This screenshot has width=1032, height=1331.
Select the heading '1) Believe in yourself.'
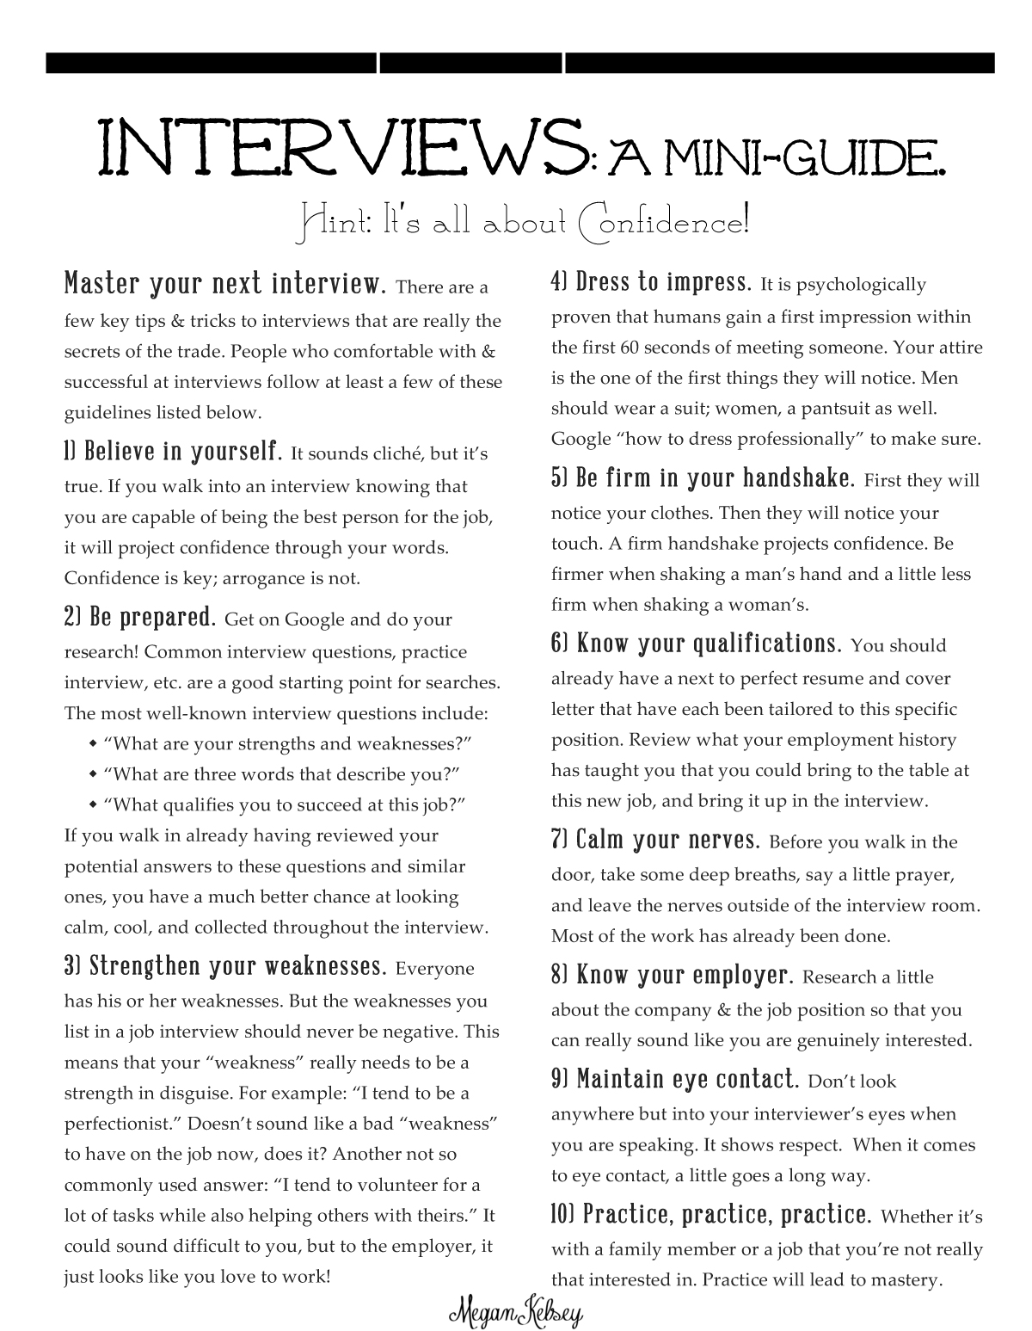pos(173,451)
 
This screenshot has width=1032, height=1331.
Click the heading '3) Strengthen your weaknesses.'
pos(224,966)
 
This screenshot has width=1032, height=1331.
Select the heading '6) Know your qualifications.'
pos(696,644)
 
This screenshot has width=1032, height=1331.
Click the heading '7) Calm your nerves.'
pos(655,840)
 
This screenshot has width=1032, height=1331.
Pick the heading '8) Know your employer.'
pos(671,975)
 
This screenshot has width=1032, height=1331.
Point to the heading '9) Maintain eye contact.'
pos(675,1079)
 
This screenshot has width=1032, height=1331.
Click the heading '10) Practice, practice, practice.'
pos(711,1215)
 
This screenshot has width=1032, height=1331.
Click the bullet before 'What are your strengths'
pos(93,743)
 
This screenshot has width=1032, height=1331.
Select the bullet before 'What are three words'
pos(93,774)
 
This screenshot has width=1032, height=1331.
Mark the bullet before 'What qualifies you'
pos(93,805)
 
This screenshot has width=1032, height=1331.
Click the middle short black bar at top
pos(471,63)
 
